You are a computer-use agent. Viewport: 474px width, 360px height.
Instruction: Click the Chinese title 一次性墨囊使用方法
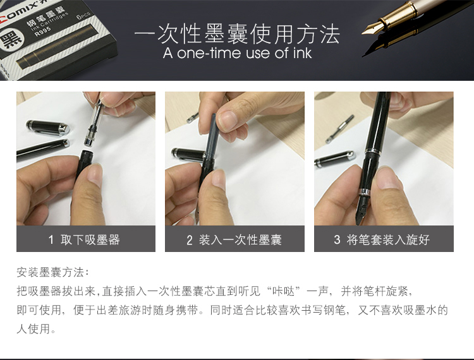pos(237,34)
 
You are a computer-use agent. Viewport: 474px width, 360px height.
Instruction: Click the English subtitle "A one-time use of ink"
pos(237,53)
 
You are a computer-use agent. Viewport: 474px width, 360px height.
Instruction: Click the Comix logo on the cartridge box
pos(19,13)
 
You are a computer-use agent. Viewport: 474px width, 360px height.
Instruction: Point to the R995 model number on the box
pos(42,30)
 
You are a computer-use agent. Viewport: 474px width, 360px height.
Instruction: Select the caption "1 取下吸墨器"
pos(84,240)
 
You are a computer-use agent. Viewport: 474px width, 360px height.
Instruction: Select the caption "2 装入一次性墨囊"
pos(234,240)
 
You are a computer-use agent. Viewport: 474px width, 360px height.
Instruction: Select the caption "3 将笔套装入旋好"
pos(382,240)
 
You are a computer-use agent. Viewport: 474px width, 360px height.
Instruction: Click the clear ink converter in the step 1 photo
pos(94,124)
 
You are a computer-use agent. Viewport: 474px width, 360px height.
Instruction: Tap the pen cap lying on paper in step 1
pos(49,127)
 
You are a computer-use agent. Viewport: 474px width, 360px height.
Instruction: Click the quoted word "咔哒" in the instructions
pos(283,291)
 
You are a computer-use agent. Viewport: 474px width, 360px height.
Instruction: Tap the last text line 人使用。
pos(36,328)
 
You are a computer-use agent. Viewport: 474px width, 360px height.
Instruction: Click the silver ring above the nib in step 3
pos(363,191)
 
